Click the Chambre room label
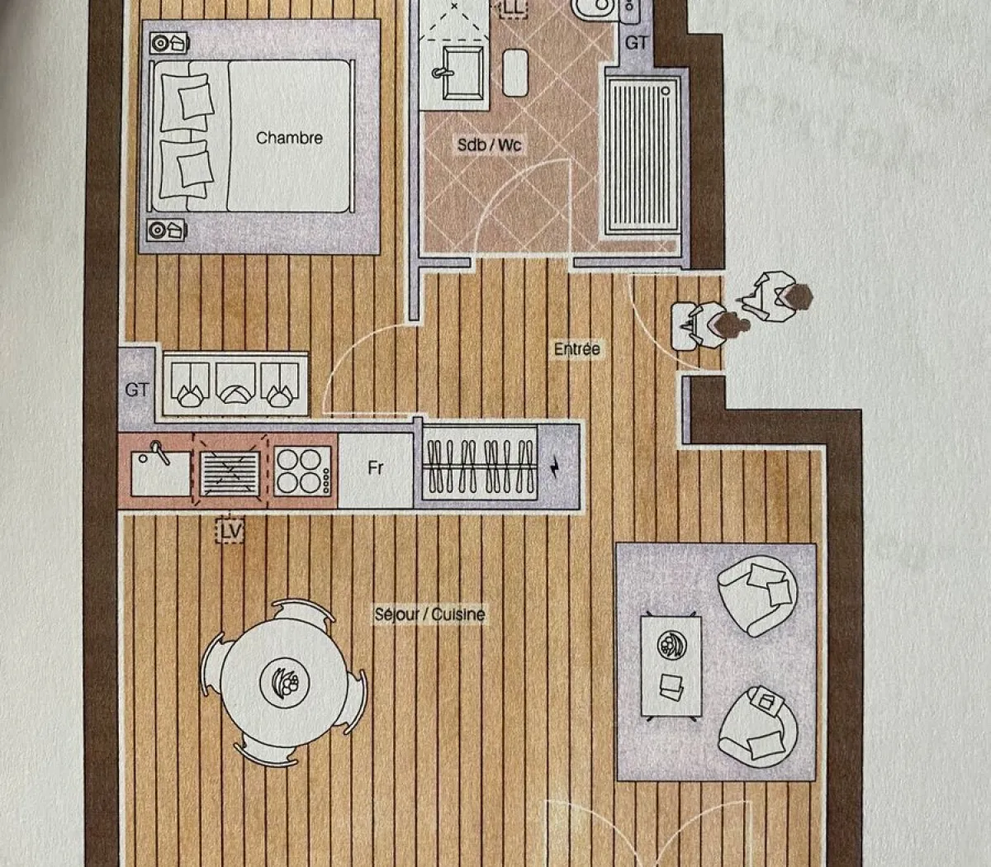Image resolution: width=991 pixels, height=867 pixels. pyautogui.click(x=289, y=138)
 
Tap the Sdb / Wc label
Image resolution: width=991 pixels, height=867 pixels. pyautogui.click(x=490, y=145)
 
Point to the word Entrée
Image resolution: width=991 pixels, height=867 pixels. pyautogui.click(x=577, y=349)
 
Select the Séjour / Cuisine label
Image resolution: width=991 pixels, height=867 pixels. pyautogui.click(x=429, y=614)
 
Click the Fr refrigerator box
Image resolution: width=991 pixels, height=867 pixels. pyautogui.click(x=376, y=469)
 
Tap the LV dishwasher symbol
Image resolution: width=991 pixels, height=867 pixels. pyautogui.click(x=230, y=531)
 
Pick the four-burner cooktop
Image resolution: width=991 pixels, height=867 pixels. pyautogui.click(x=303, y=471)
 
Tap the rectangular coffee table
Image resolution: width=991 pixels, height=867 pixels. pyautogui.click(x=671, y=666)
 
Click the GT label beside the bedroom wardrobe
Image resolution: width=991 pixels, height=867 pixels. pyautogui.click(x=137, y=389)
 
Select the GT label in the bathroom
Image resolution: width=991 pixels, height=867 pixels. pyautogui.click(x=637, y=42)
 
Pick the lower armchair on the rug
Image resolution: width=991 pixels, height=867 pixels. pyautogui.click(x=757, y=724)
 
